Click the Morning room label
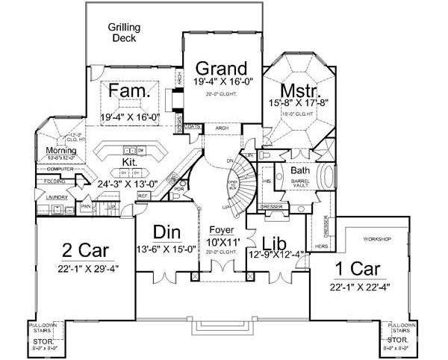point(51,150)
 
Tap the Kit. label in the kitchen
point(128,161)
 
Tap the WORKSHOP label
point(376,239)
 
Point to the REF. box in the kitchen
point(143,195)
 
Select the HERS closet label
point(323,246)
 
